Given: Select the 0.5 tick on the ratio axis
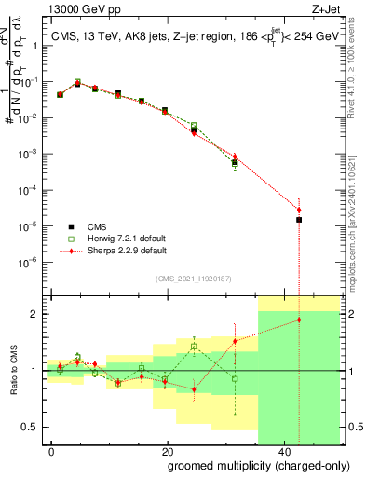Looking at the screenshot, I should [33, 429].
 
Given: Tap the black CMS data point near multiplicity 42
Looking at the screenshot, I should [299, 220].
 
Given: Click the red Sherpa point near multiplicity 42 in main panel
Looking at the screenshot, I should [299, 210].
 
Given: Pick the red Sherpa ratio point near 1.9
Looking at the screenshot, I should [299, 320].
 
